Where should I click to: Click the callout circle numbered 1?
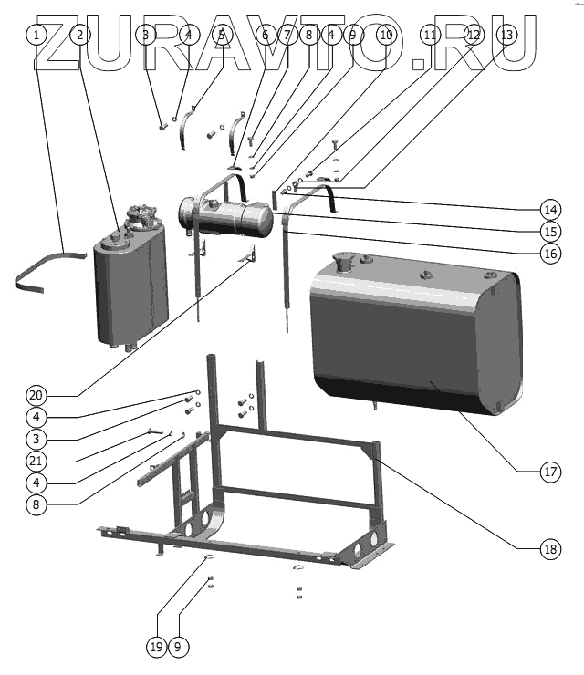pos(36,36)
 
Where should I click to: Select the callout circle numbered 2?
pos(80,36)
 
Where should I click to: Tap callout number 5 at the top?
pos(221,36)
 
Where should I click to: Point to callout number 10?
pos(386,36)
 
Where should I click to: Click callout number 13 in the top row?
pos(507,36)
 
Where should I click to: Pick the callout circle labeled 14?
pos(549,206)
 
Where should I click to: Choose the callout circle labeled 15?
pos(549,230)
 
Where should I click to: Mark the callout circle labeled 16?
pos(549,254)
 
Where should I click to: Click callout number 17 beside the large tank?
pos(549,472)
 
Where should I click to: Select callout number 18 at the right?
pos(549,549)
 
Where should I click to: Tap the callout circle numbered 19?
pos(155,647)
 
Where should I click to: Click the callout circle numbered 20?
pos(36,395)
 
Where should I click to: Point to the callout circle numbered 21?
pos(36,459)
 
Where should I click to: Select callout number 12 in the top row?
pos(474,36)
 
